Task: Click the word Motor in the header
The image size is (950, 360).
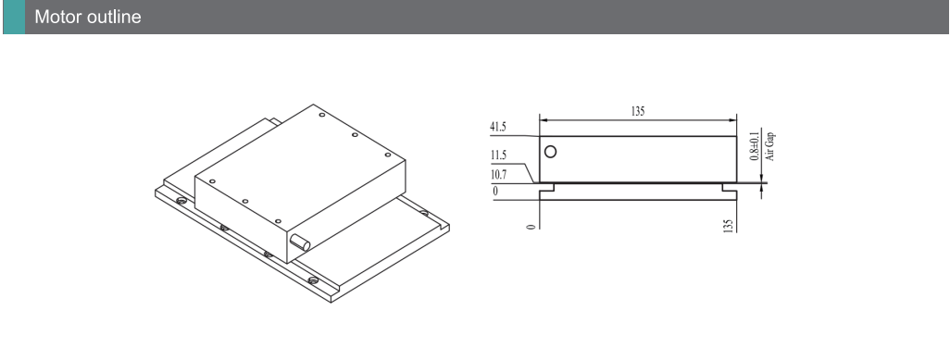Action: (x=58, y=17)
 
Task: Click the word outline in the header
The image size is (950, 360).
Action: (x=114, y=17)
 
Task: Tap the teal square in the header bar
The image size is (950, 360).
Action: (x=14, y=17)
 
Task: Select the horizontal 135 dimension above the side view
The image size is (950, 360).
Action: (x=638, y=111)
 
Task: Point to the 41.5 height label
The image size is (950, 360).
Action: (x=498, y=128)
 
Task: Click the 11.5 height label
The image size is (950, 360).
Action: (x=498, y=155)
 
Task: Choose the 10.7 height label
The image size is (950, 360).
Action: (x=499, y=175)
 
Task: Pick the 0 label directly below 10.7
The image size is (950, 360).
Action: (x=495, y=192)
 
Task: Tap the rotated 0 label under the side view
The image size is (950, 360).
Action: (x=531, y=227)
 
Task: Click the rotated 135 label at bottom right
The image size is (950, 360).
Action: (x=729, y=226)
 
